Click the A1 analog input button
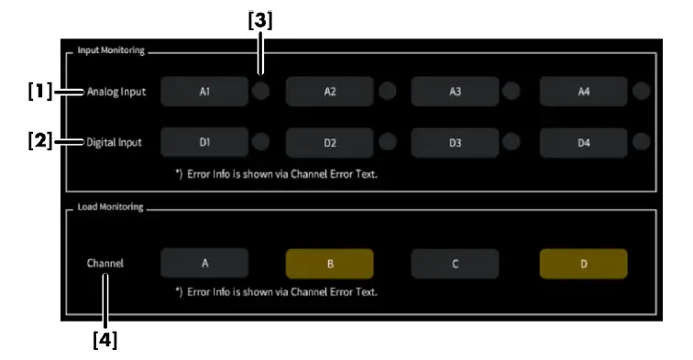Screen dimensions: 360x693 click(203, 92)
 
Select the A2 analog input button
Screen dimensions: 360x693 click(329, 92)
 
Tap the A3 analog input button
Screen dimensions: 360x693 click(455, 92)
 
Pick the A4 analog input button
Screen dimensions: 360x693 click(583, 92)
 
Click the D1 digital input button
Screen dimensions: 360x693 click(203, 142)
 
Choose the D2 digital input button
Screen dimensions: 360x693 click(329, 142)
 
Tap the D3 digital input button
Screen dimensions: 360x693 click(455, 142)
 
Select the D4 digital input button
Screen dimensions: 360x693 click(583, 142)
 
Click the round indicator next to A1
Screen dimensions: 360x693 click(261, 92)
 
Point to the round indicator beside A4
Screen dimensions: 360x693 click(641, 92)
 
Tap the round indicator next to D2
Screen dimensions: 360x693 click(387, 142)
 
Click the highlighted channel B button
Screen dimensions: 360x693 click(329, 264)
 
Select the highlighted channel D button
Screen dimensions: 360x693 click(583, 264)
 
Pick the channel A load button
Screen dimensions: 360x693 click(203, 264)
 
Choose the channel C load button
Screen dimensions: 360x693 click(455, 264)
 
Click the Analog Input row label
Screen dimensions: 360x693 click(116, 92)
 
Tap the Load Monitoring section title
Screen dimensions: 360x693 click(109, 208)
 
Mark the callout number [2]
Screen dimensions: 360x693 click(38, 142)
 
